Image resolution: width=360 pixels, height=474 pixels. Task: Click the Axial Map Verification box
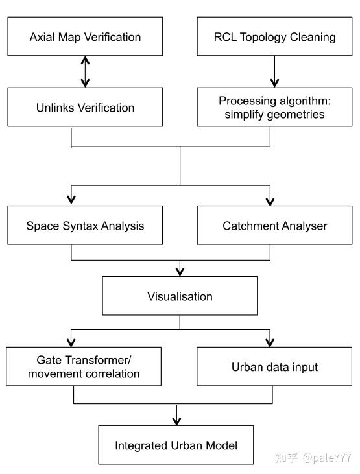tap(85, 36)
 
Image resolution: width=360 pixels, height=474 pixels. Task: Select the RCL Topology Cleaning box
tap(274, 36)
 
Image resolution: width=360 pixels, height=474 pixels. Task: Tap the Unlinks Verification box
tap(85, 108)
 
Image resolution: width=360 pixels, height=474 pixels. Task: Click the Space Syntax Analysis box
tap(85, 226)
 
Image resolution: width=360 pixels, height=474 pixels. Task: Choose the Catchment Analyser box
tap(275, 226)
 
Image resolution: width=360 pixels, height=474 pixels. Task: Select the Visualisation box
tap(180, 296)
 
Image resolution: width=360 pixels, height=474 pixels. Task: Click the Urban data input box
tap(275, 367)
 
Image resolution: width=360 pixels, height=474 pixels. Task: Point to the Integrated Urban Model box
tap(176, 445)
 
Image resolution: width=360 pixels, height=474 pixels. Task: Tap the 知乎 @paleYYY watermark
tap(313, 458)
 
